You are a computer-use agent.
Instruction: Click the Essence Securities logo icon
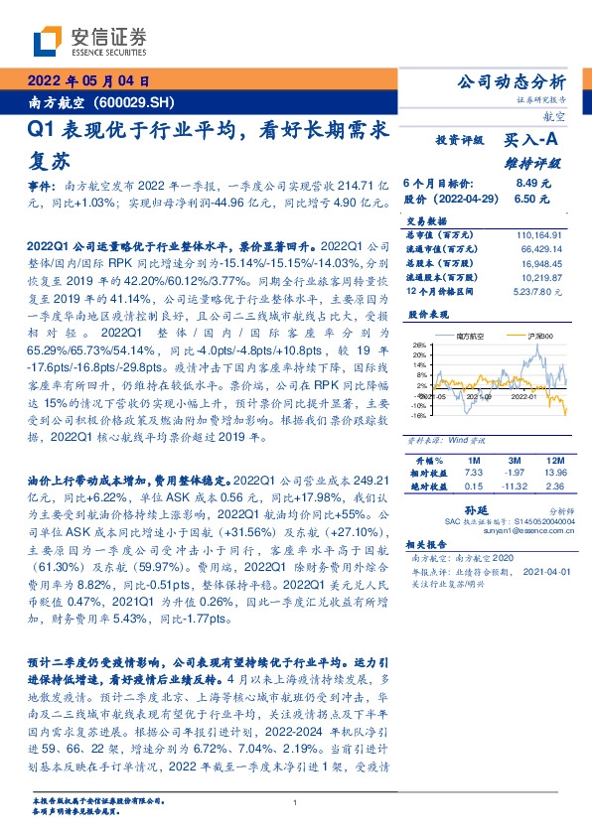[46, 42]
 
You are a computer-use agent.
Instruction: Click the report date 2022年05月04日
[87, 80]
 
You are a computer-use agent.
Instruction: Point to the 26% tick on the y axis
[419, 347]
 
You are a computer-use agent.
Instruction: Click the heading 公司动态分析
[509, 81]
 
